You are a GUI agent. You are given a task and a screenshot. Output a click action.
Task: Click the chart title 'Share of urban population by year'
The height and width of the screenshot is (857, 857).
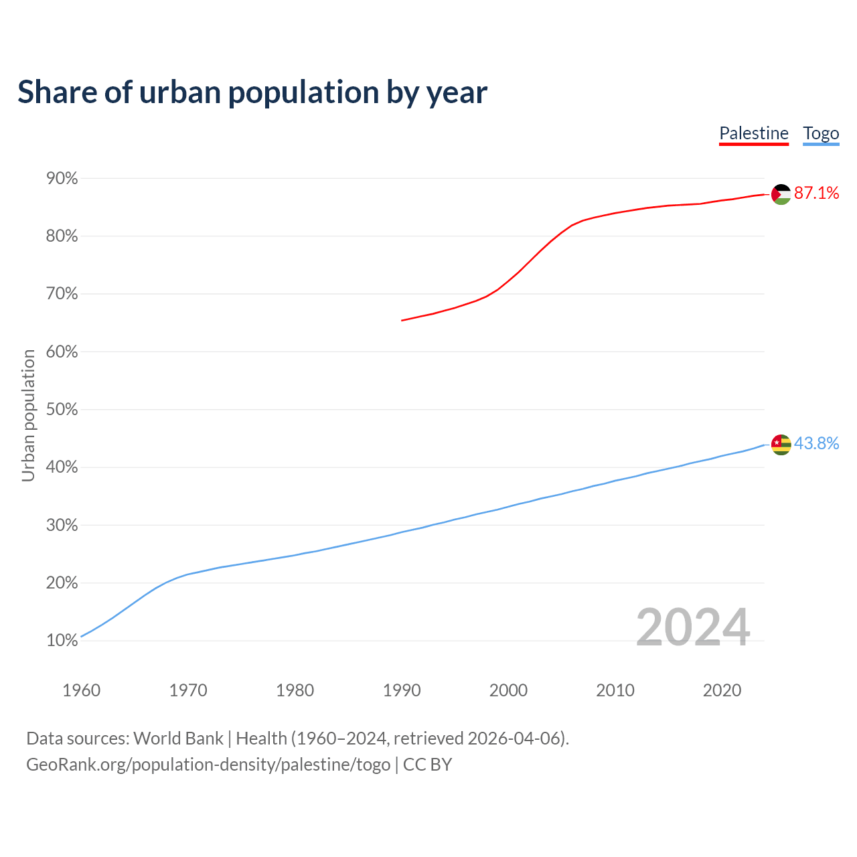[252, 92]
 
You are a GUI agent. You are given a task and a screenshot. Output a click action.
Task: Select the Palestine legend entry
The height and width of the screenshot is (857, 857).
[754, 133]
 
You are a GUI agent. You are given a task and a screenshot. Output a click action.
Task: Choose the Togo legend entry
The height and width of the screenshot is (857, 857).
[821, 133]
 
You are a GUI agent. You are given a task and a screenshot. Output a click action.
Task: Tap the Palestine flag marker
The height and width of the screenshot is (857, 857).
[781, 194]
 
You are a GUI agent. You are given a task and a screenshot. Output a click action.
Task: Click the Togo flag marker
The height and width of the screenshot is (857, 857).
[781, 444]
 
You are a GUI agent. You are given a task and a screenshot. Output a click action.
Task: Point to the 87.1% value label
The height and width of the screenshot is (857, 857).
[816, 193]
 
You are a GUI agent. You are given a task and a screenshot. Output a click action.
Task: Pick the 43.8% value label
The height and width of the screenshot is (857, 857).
[816, 443]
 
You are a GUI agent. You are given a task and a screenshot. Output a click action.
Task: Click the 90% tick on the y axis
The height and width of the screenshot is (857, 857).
[62, 179]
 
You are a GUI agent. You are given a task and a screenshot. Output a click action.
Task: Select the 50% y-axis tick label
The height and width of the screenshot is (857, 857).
[62, 410]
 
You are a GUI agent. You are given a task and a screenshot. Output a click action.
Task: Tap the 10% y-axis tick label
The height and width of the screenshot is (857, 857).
[62, 641]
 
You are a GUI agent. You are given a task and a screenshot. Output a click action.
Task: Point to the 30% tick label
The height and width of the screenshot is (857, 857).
[62, 526]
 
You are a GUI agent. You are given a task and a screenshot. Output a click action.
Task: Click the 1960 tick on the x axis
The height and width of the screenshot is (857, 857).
[82, 690]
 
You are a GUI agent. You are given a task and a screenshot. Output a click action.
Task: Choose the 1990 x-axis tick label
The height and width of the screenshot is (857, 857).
[402, 690]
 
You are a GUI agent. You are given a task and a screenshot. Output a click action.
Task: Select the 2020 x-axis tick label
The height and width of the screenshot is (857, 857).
[722, 690]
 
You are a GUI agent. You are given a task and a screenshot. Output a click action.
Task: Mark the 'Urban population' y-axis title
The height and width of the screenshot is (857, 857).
[28, 416]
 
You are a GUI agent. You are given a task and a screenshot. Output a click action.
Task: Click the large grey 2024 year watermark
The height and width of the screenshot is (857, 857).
[693, 628]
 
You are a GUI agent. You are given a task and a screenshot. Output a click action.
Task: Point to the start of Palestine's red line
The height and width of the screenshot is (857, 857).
[402, 320]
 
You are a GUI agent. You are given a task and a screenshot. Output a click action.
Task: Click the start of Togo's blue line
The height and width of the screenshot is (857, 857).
[82, 635]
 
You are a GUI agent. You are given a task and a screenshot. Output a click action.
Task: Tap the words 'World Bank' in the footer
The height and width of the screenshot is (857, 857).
[178, 738]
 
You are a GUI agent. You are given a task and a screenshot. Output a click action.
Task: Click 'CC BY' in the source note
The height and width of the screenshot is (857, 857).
[427, 765]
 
